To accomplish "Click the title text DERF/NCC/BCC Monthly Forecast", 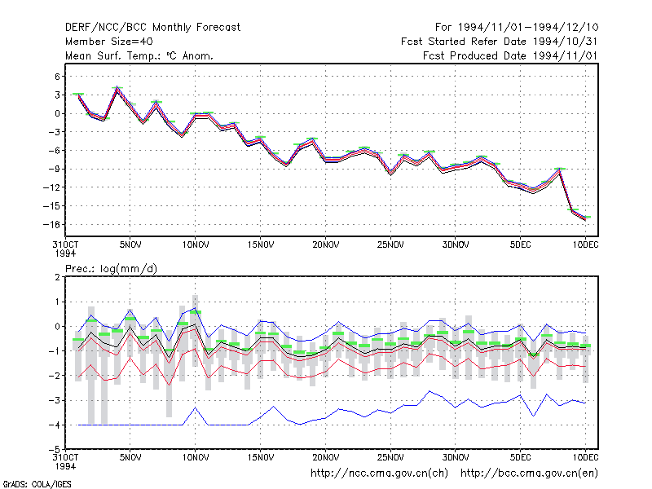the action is (x=152, y=28).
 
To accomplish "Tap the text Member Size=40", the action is (x=109, y=42).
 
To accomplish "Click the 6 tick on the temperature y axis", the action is (x=57, y=77).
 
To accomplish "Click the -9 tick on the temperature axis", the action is (x=55, y=170).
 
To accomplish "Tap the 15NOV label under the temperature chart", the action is (x=261, y=245).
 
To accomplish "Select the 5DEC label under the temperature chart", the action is (x=521, y=245).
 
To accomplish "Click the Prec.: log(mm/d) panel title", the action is (x=111, y=269).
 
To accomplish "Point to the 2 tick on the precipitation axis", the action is (x=57, y=277).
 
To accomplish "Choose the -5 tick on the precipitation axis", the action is (x=55, y=450).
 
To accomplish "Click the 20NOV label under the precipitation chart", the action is (x=325, y=458).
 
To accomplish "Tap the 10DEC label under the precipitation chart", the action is (x=585, y=458).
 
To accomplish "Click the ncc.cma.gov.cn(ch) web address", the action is (x=379, y=474).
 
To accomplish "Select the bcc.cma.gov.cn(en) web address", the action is (x=529, y=474).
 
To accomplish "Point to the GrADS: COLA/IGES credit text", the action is (x=37, y=484).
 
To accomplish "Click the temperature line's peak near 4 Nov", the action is (x=117, y=87).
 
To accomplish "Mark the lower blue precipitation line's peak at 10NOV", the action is (x=196, y=407).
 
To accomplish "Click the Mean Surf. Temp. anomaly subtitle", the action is (x=139, y=55).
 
